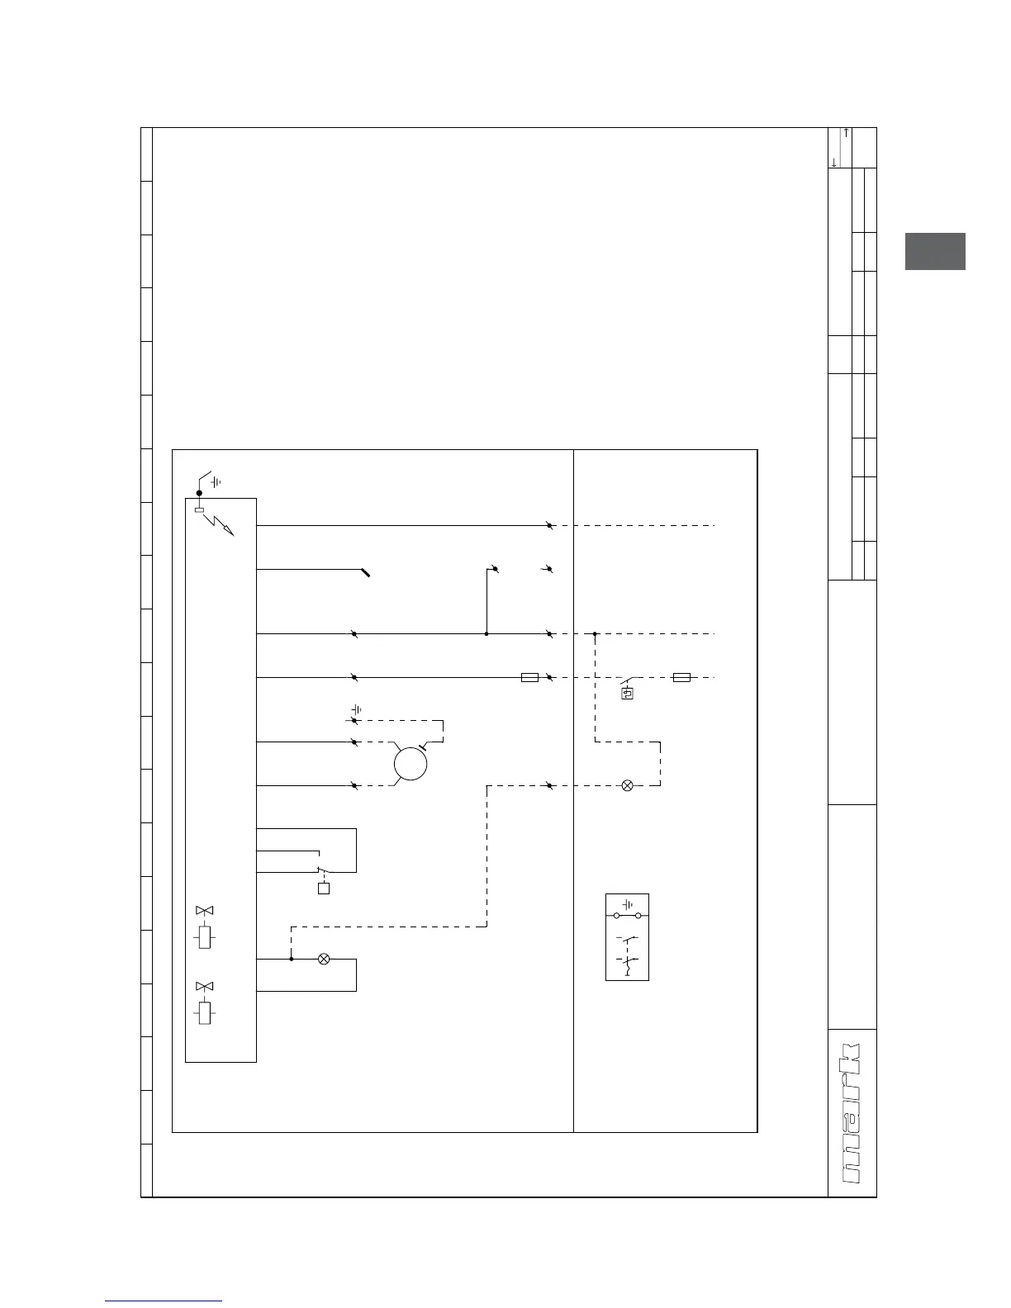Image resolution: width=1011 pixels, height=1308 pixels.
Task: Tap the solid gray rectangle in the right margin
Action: click(x=935, y=252)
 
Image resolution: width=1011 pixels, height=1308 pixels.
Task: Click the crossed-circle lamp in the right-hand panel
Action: click(x=627, y=785)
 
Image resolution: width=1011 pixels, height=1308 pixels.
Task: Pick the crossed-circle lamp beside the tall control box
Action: click(x=324, y=959)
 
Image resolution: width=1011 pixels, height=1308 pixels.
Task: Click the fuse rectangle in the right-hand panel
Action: click(x=681, y=677)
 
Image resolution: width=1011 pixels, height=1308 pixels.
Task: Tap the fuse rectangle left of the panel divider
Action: click(x=530, y=677)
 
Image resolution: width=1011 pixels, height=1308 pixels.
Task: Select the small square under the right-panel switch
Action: click(x=628, y=694)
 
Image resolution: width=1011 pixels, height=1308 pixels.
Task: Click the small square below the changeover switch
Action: click(x=324, y=889)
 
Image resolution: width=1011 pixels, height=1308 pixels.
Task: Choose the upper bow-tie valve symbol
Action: click(x=204, y=910)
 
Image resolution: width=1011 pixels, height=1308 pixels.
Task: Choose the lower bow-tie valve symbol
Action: click(x=204, y=986)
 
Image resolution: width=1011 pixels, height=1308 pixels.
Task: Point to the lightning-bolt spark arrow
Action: click(x=221, y=524)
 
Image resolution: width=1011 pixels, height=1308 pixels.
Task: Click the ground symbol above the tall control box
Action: click(x=216, y=481)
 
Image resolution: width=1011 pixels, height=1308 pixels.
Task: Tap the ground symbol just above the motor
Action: click(x=357, y=709)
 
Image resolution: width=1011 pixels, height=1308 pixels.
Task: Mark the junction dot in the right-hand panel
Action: click(x=595, y=633)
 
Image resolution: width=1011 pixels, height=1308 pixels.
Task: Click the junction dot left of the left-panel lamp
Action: click(x=291, y=959)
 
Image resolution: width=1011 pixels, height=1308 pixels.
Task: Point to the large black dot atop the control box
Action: click(x=199, y=493)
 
